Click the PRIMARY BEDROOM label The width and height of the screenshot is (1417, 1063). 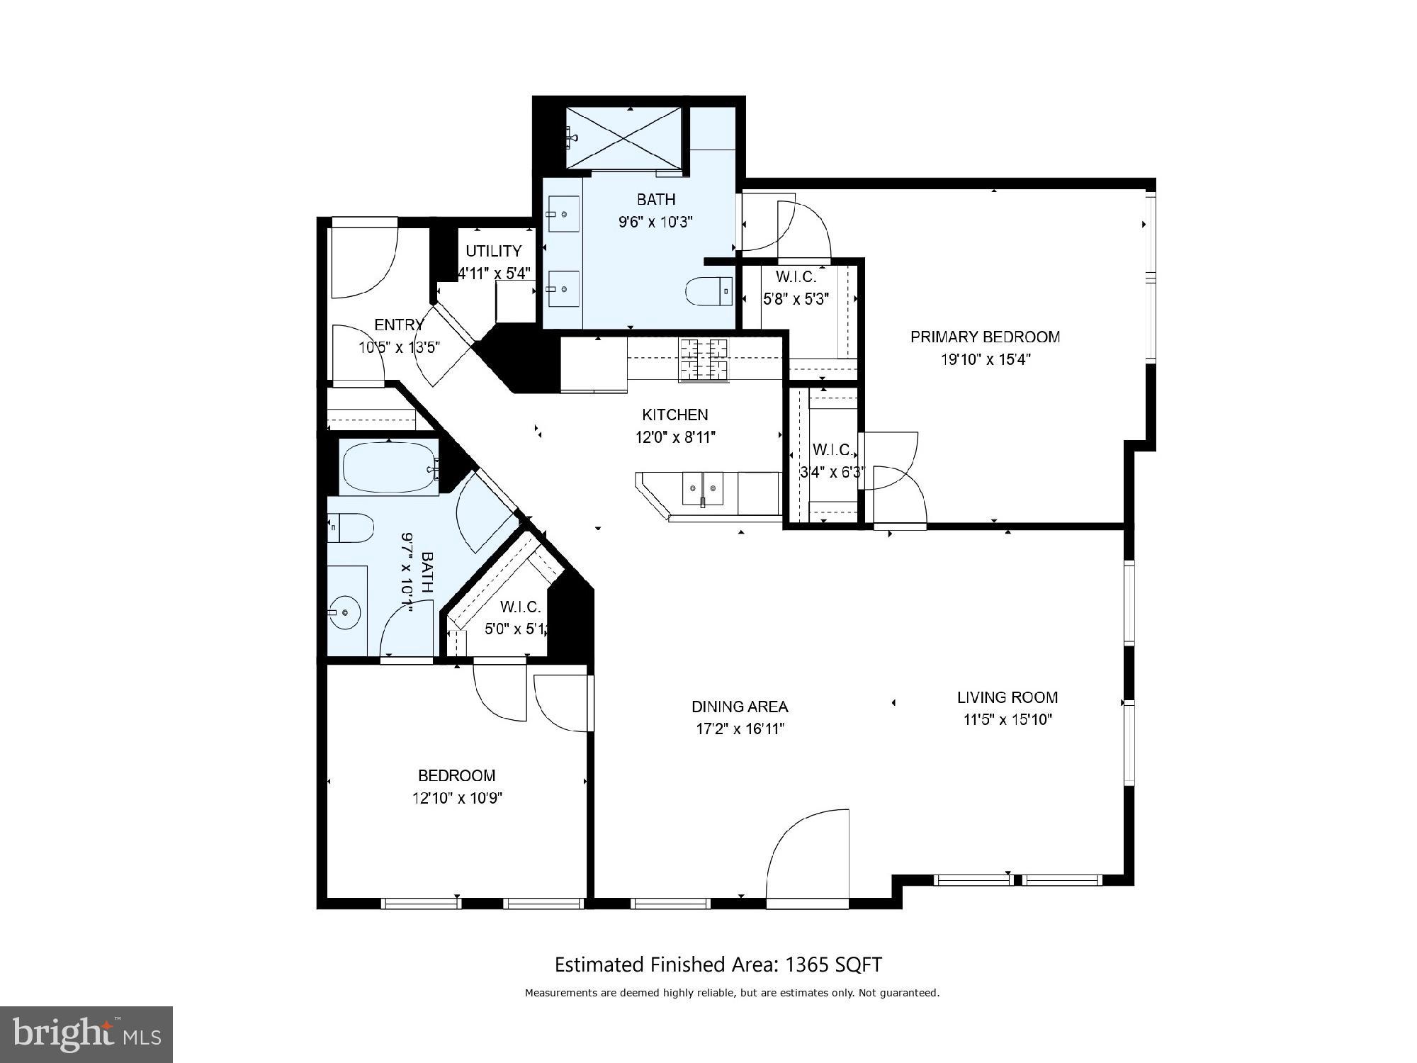click(985, 337)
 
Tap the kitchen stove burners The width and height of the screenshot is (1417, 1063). click(704, 360)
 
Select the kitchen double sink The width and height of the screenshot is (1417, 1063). click(703, 488)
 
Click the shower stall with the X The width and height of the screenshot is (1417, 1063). click(623, 138)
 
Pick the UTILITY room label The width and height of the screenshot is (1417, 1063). click(493, 251)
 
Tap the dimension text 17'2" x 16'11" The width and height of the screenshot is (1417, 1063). click(740, 729)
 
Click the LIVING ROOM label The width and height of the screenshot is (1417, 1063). click(1007, 697)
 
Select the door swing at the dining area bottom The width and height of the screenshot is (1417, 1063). click(808, 857)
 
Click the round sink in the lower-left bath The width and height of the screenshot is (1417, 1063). click(345, 612)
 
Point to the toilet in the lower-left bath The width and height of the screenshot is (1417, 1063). click(351, 528)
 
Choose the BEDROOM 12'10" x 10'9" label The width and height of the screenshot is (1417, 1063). click(456, 775)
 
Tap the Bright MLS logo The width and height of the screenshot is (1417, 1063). click(86, 1035)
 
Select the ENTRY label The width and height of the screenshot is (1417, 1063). click(398, 325)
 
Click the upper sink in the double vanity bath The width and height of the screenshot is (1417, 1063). click(563, 211)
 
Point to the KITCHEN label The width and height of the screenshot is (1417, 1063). click(674, 415)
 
